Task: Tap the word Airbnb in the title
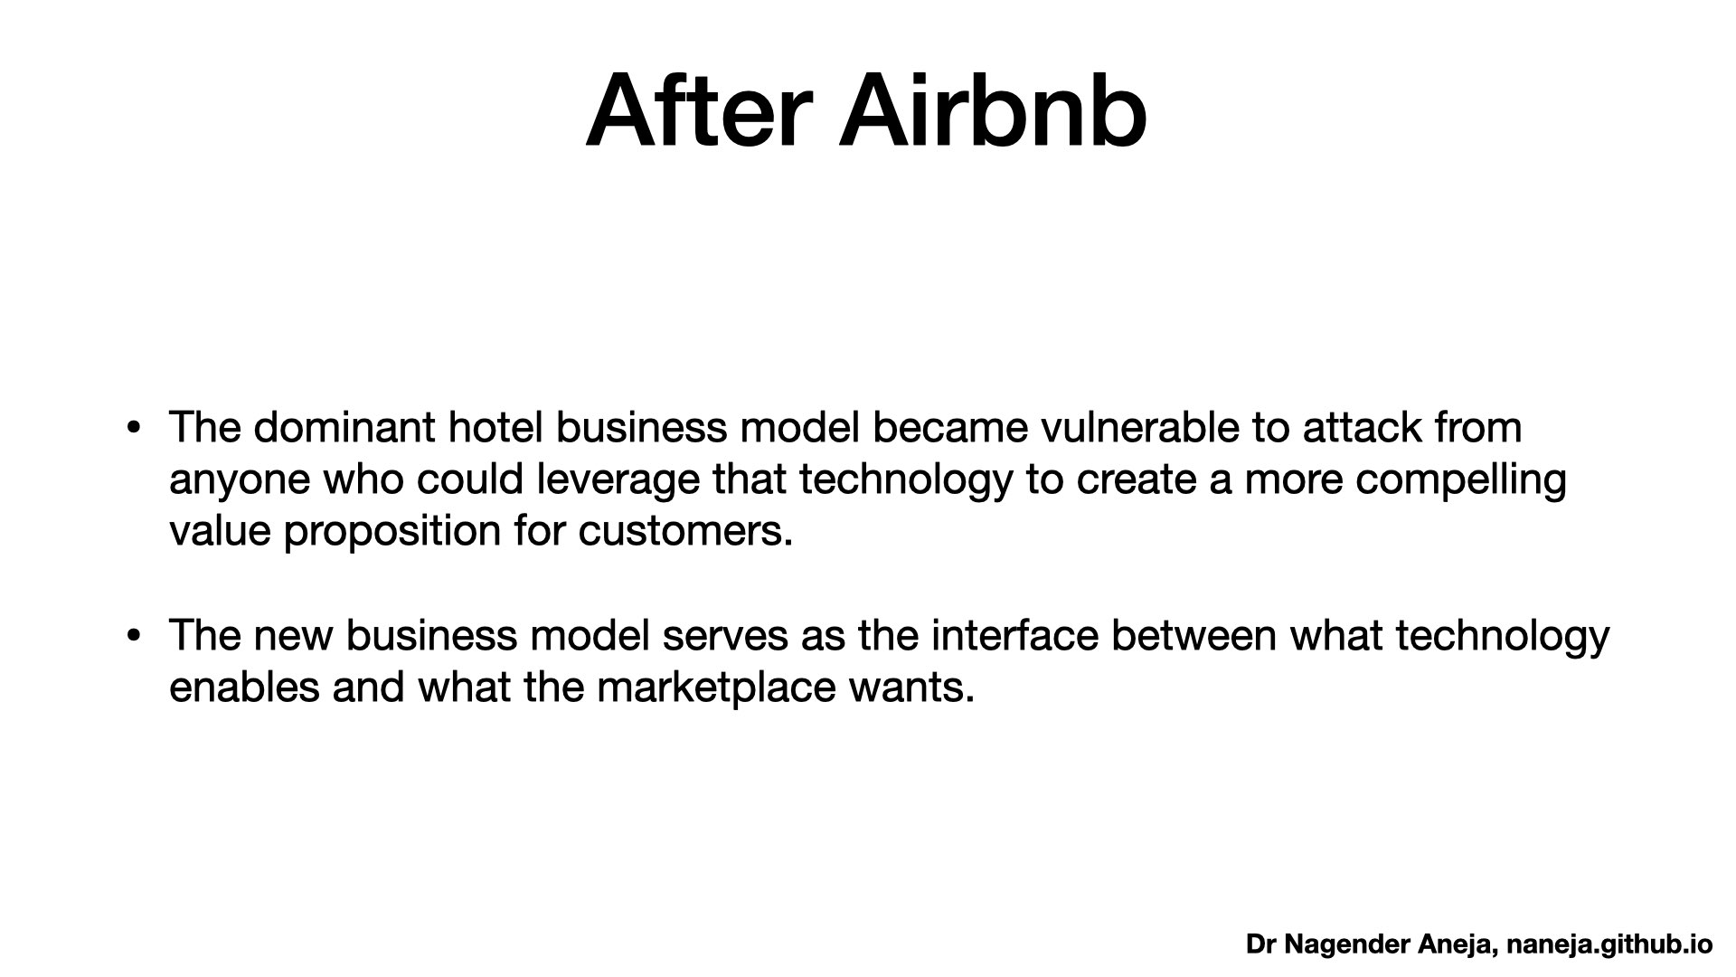pyautogui.click(x=994, y=112)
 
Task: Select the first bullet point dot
pyautogui.click(x=134, y=428)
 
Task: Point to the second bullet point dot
pyautogui.click(x=134, y=636)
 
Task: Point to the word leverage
pyautogui.click(x=618, y=479)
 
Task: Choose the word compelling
pyautogui.click(x=1460, y=479)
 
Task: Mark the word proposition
pyautogui.click(x=392, y=531)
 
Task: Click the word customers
pyautogui.click(x=685, y=532)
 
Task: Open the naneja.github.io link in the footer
pyautogui.click(x=1610, y=944)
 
